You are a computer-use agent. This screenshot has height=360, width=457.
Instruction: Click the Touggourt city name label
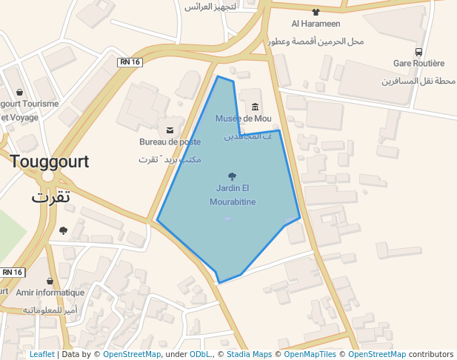(x=49, y=161)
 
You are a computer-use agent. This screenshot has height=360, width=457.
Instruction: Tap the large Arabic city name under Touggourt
(x=51, y=197)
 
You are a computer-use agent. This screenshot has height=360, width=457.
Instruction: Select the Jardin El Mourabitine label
(x=233, y=194)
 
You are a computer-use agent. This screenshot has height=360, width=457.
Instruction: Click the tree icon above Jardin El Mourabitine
(x=233, y=176)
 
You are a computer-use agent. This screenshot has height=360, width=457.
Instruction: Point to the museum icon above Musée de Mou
(x=256, y=106)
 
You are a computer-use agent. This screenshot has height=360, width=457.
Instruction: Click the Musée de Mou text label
(x=243, y=118)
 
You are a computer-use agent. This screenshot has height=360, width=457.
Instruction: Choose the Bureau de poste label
(x=170, y=141)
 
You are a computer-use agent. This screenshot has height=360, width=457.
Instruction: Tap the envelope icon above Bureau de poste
(x=170, y=130)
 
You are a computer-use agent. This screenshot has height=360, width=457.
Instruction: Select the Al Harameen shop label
(x=316, y=23)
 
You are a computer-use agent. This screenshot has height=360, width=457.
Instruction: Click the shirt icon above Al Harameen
(x=316, y=11)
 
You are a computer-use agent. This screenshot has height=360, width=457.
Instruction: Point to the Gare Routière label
(x=419, y=64)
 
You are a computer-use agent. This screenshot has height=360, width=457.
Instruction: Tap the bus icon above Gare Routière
(x=419, y=52)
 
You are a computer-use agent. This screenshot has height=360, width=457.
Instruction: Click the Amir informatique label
(x=49, y=293)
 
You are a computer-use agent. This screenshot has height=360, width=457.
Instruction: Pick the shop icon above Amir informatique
(x=49, y=281)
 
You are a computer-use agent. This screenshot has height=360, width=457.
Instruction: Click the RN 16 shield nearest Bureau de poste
(x=130, y=62)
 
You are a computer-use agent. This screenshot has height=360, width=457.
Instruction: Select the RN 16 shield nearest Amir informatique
(x=13, y=272)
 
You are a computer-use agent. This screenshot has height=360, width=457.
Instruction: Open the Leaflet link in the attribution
(x=41, y=355)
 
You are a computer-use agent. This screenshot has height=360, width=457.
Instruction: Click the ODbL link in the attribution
(x=199, y=355)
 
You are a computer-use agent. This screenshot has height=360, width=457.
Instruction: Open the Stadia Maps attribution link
(x=249, y=355)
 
